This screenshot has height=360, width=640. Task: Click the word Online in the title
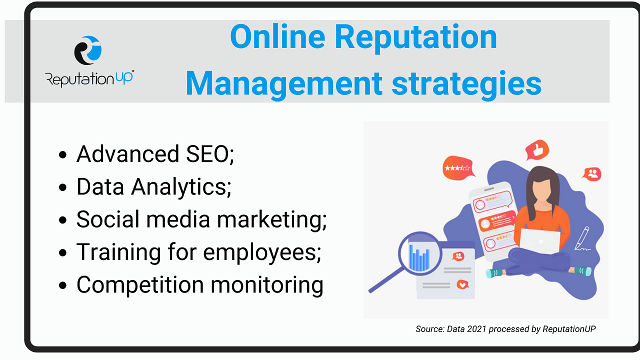(277, 37)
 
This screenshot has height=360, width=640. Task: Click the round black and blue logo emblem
(87, 50)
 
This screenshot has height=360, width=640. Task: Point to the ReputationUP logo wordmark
(89, 78)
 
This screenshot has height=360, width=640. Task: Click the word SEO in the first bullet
(209, 154)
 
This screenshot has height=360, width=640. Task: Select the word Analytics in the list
(181, 187)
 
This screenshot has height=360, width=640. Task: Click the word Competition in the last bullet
(140, 285)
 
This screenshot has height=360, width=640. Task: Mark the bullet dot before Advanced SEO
(62, 155)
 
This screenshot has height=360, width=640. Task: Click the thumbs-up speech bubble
(537, 149)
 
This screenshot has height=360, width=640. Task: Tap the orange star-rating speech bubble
(458, 168)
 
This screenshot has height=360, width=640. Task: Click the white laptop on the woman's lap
(539, 241)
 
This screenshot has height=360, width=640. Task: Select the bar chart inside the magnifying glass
(419, 258)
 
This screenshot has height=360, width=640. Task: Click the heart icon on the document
(462, 284)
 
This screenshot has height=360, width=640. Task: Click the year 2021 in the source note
(476, 329)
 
